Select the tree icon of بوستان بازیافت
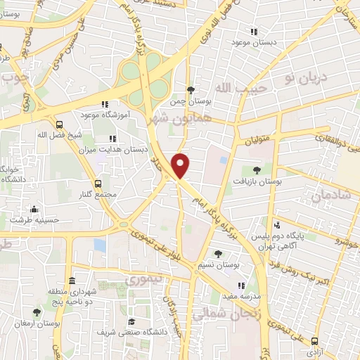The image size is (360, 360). (x=256, y=169)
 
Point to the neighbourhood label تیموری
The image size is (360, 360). (x=143, y=278)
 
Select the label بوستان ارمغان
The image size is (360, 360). (x=36, y=324)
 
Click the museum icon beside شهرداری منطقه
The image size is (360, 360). (x=72, y=281)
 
